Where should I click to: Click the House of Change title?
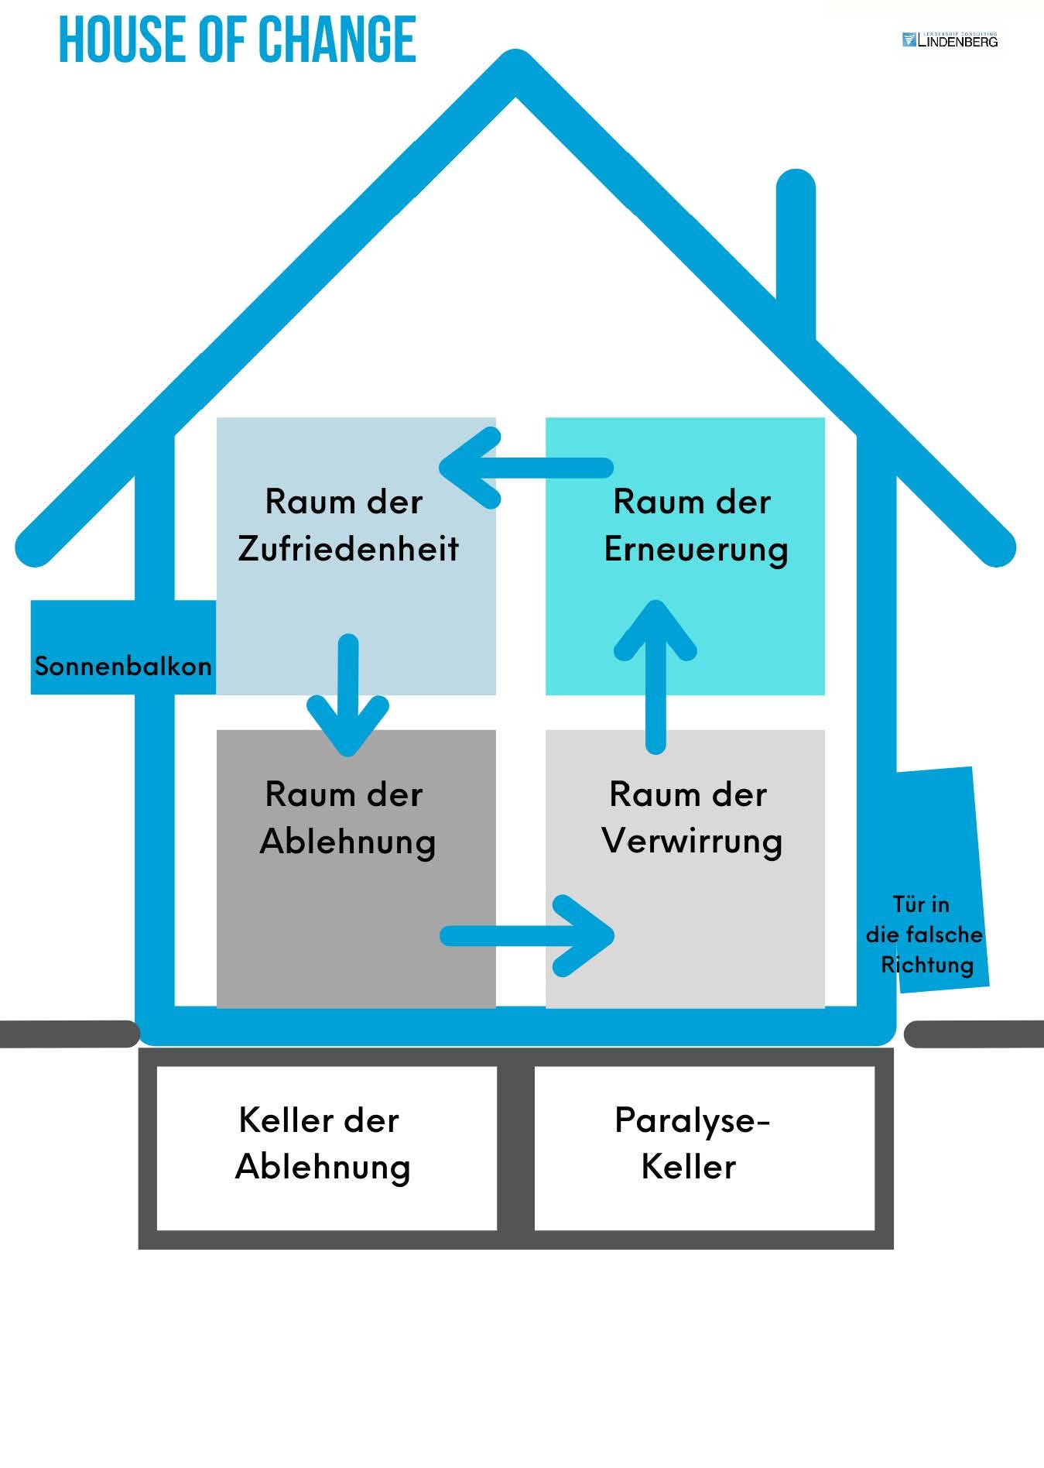[x=238, y=39]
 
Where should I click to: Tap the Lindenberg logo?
[x=950, y=40]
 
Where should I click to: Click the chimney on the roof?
[x=796, y=248]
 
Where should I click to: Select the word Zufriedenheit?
[x=348, y=549]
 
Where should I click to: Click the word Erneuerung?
[x=696, y=550]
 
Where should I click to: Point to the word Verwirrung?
[x=692, y=842]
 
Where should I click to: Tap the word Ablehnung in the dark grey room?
[x=347, y=842]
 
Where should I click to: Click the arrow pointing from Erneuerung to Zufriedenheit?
[x=526, y=468]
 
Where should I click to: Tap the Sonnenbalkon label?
[x=123, y=666]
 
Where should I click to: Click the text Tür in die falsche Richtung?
[x=924, y=935]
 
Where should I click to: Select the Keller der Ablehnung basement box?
[x=326, y=1147]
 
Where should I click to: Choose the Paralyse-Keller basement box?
[x=704, y=1147]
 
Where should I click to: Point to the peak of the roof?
[x=515, y=70]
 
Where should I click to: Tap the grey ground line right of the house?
[x=975, y=1034]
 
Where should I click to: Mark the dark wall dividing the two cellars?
[x=515, y=1147]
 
